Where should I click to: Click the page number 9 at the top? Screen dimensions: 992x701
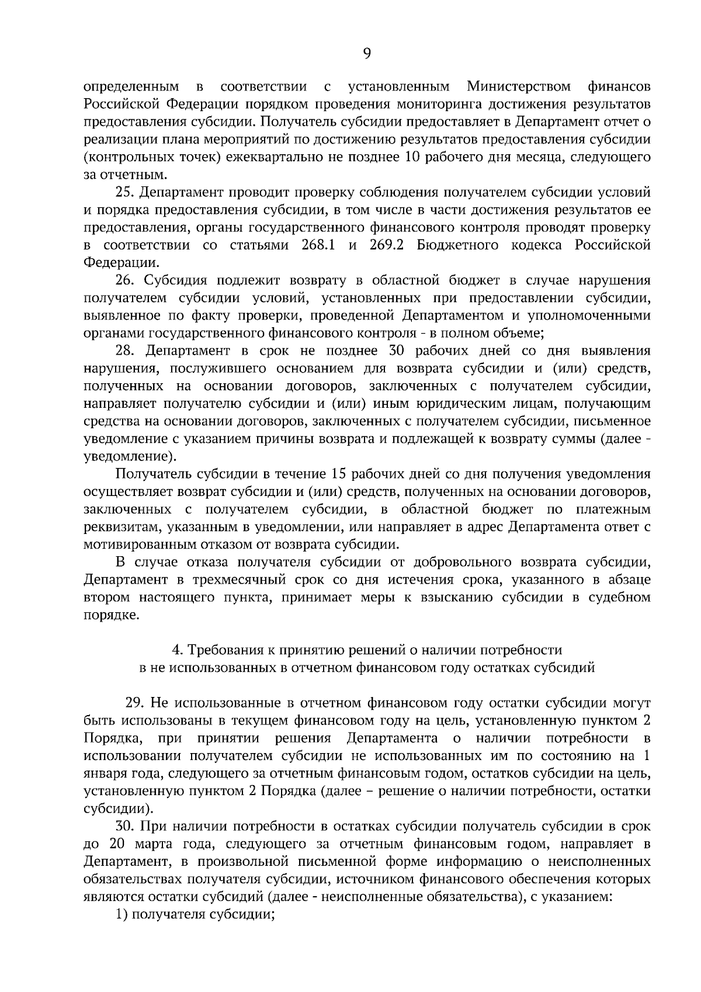(x=367, y=54)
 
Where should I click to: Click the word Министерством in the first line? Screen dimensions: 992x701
(x=519, y=87)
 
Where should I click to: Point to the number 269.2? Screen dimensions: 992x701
(x=388, y=245)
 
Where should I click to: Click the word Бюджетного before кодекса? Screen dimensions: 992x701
(x=458, y=245)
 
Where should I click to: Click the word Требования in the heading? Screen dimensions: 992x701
(x=225, y=650)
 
